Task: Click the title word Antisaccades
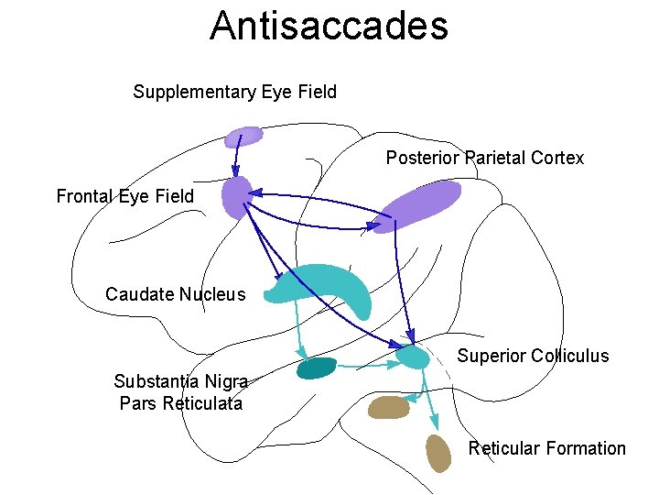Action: (x=329, y=26)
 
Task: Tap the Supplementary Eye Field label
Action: (x=234, y=92)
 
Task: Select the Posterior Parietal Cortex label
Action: (x=484, y=158)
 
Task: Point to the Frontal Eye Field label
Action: (x=125, y=196)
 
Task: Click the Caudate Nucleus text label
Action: (x=176, y=294)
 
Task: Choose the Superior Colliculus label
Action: (x=533, y=356)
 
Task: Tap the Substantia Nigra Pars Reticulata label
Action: (x=180, y=392)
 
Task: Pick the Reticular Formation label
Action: (x=546, y=448)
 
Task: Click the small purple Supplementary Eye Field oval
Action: (x=243, y=137)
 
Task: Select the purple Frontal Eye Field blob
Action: (x=236, y=196)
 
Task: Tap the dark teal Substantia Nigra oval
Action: (x=317, y=368)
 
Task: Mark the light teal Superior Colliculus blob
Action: (x=412, y=356)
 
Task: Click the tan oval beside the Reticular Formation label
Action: (x=438, y=453)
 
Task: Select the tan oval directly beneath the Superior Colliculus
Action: (x=388, y=407)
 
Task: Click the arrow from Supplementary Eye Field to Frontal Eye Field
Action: (x=236, y=158)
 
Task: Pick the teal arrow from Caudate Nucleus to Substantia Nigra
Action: (x=299, y=330)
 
